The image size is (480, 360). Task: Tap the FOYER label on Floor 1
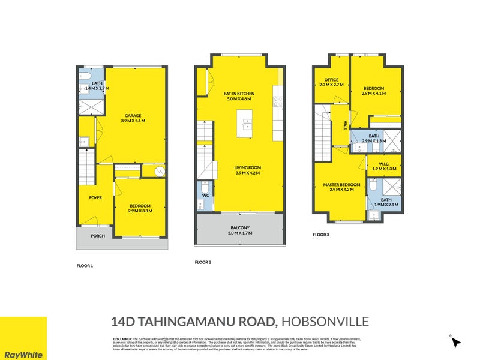click(96, 197)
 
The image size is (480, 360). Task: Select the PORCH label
click(98, 236)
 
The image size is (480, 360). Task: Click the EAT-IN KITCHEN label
click(239, 94)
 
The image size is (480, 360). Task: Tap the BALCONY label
click(239, 228)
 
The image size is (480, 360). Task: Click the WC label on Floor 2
click(204, 195)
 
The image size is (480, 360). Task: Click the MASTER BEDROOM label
click(341, 184)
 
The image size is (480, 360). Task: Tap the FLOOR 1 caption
click(85, 265)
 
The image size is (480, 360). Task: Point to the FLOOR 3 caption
click(321, 235)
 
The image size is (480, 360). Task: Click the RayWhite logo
click(23, 354)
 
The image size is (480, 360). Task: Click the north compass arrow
click(456, 343)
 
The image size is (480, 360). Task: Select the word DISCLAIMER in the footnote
click(123, 339)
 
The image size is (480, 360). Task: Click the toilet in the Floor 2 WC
click(204, 185)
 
